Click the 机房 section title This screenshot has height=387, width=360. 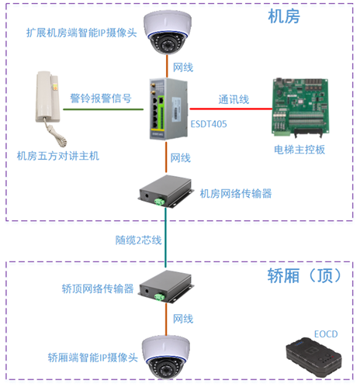(284, 16)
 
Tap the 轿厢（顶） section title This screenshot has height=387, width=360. (305, 275)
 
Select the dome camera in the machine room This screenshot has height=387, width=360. (168, 32)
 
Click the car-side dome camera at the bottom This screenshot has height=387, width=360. (166, 358)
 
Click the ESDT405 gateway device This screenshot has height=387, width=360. (168, 109)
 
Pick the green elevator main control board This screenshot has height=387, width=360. (300, 107)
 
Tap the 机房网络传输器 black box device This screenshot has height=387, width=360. (166, 192)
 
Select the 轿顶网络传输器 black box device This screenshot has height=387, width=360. (166, 287)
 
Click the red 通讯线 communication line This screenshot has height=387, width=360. (231, 109)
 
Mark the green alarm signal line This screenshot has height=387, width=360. (103, 109)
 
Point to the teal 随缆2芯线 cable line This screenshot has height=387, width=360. (166, 237)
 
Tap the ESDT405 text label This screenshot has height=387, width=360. (209, 124)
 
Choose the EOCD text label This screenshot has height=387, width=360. (326, 334)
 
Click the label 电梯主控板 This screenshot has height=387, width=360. (299, 150)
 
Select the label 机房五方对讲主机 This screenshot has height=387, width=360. (58, 156)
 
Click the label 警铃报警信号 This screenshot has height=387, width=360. (101, 98)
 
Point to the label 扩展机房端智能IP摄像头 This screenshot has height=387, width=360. (81, 33)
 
